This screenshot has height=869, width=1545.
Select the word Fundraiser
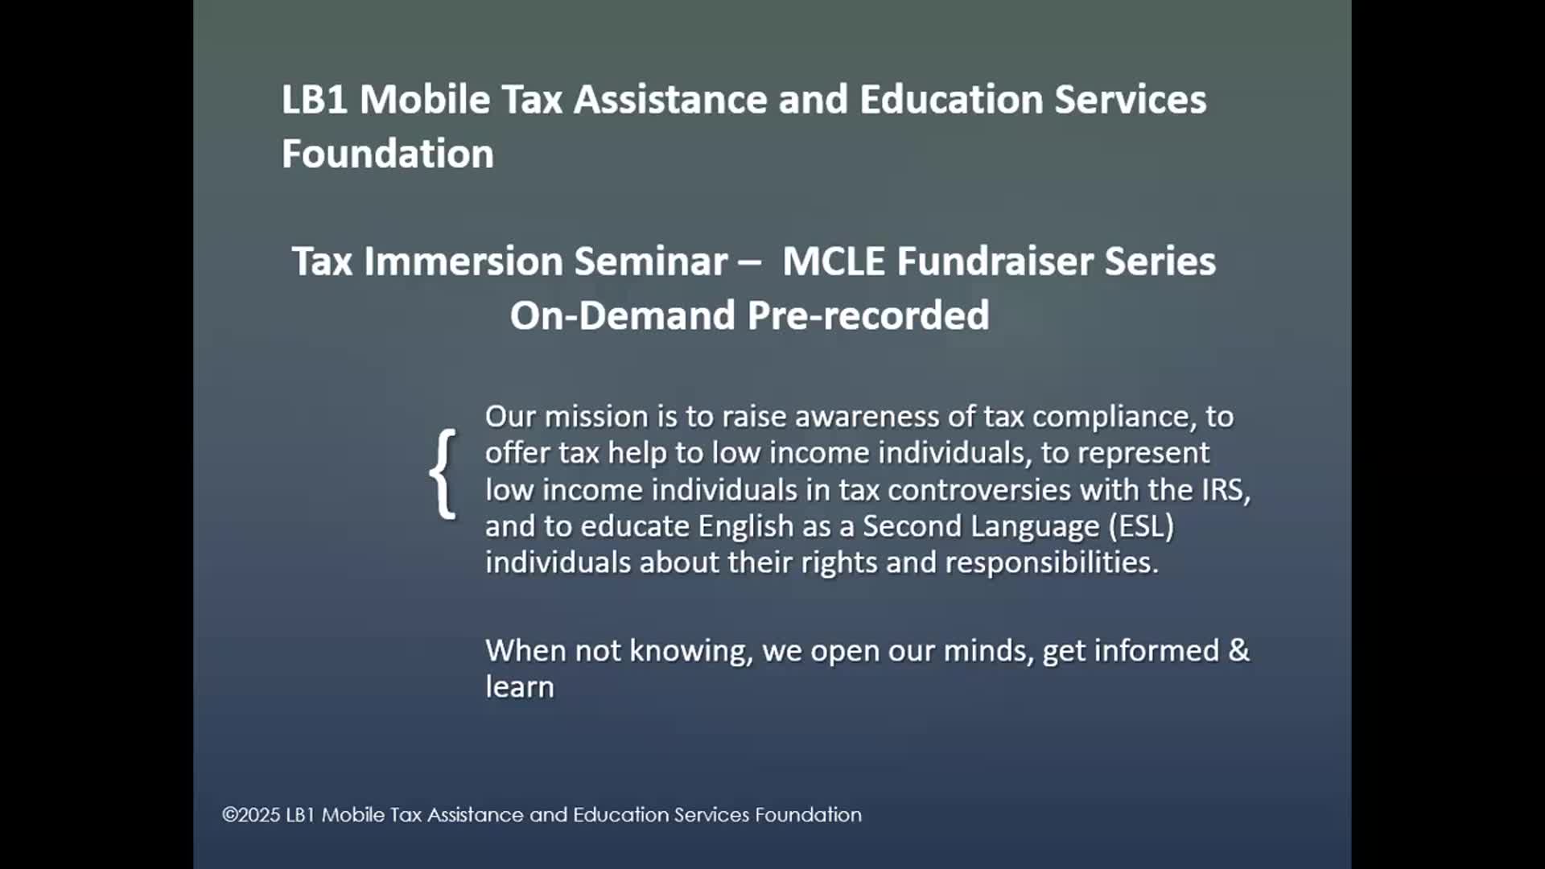995,262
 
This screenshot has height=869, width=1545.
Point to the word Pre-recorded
868,315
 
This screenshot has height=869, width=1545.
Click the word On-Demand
623,315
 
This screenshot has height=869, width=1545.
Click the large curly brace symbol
443,473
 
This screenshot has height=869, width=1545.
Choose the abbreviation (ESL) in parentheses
1141,526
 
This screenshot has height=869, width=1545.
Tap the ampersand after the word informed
1239,650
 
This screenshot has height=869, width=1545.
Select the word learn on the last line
520,687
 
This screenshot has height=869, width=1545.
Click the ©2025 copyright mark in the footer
251,815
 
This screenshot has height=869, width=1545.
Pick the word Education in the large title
951,100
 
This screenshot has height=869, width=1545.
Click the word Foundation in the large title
388,154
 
